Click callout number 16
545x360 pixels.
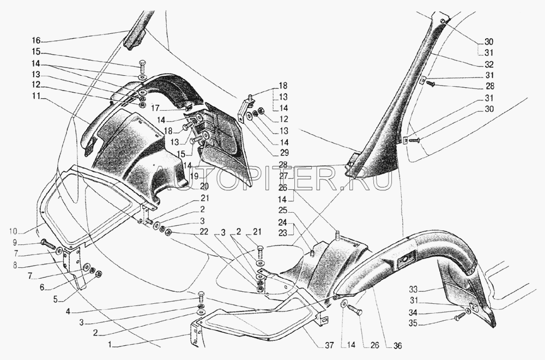coord(35,40)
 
